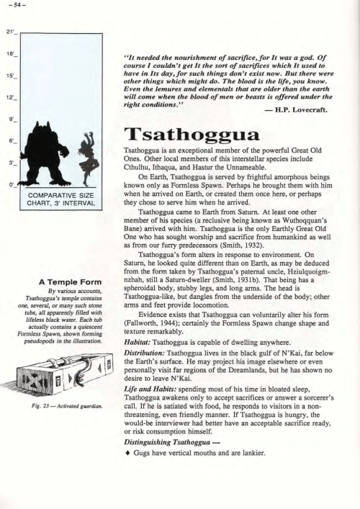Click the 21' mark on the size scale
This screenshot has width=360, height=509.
(x=9, y=34)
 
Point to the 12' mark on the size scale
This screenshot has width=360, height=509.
(x=9, y=96)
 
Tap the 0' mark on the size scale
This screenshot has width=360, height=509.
(x=11, y=186)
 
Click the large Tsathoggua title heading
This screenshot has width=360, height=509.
(x=186, y=135)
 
